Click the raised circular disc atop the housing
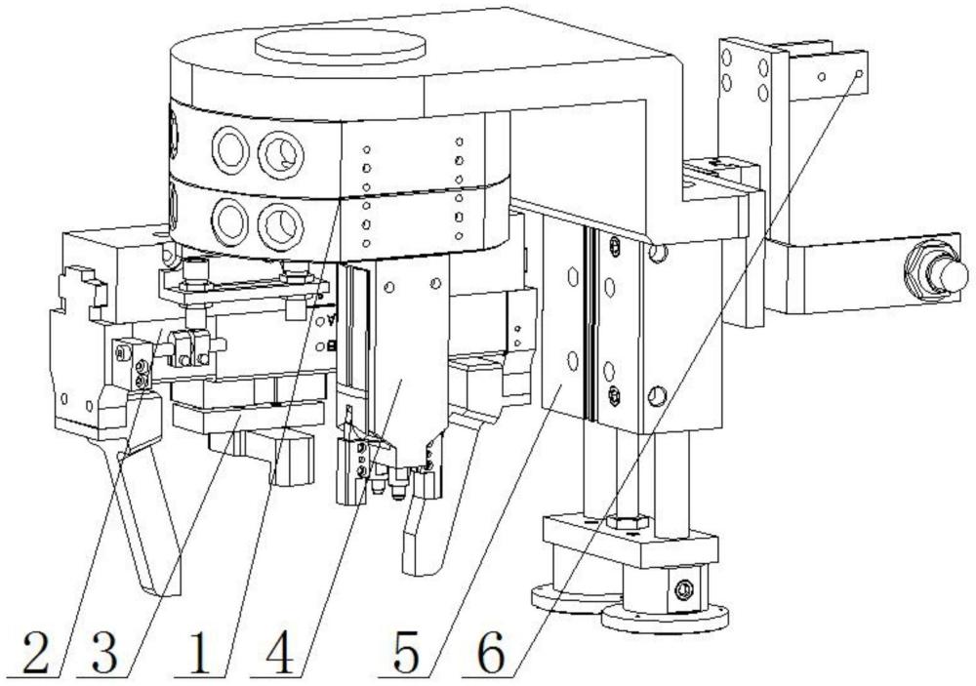coord(340,46)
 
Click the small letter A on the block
coord(332,320)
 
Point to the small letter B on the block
coord(332,344)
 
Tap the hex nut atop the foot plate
coord(630,521)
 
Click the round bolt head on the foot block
coord(685,588)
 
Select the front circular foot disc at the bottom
coord(665,618)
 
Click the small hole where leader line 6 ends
coord(859,73)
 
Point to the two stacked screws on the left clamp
coord(143,374)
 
